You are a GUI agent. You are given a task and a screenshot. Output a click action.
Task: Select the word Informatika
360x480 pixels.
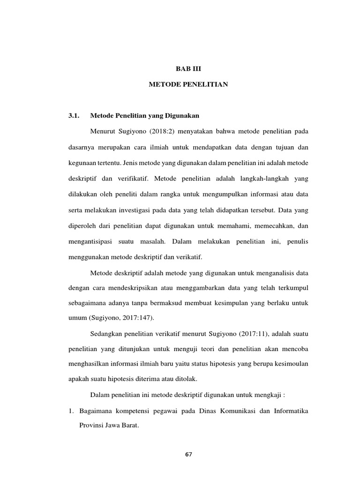(287, 411)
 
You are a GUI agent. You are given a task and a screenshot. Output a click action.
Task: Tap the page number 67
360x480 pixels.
(189, 454)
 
